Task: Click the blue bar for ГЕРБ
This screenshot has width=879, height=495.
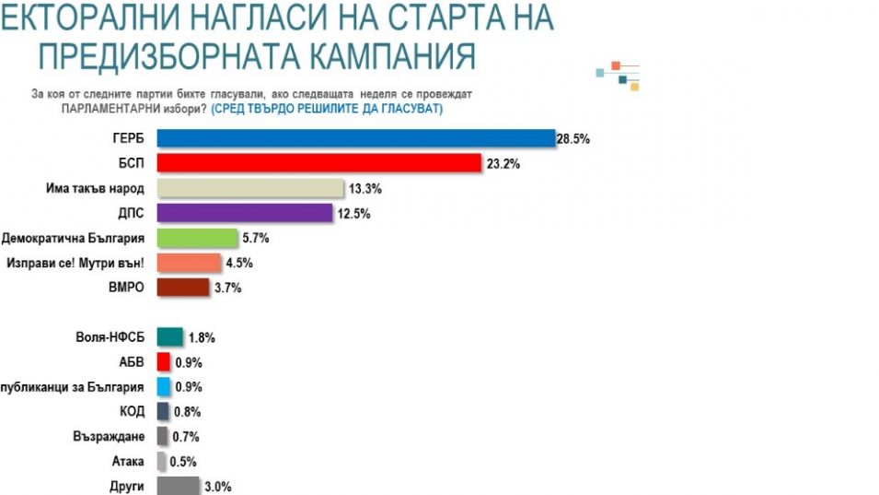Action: [355, 138]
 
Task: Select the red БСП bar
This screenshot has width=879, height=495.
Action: [319, 163]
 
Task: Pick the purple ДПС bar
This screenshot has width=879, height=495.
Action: [245, 213]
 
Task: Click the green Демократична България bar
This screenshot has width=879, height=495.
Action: [196, 238]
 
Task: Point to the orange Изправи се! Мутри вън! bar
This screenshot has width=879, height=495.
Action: [189, 263]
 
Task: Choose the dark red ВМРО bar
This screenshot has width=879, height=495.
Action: [183, 288]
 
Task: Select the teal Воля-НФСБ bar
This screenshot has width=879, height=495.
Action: [170, 337]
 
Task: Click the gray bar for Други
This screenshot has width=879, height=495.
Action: [178, 486]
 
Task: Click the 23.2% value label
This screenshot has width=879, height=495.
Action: [501, 164]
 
